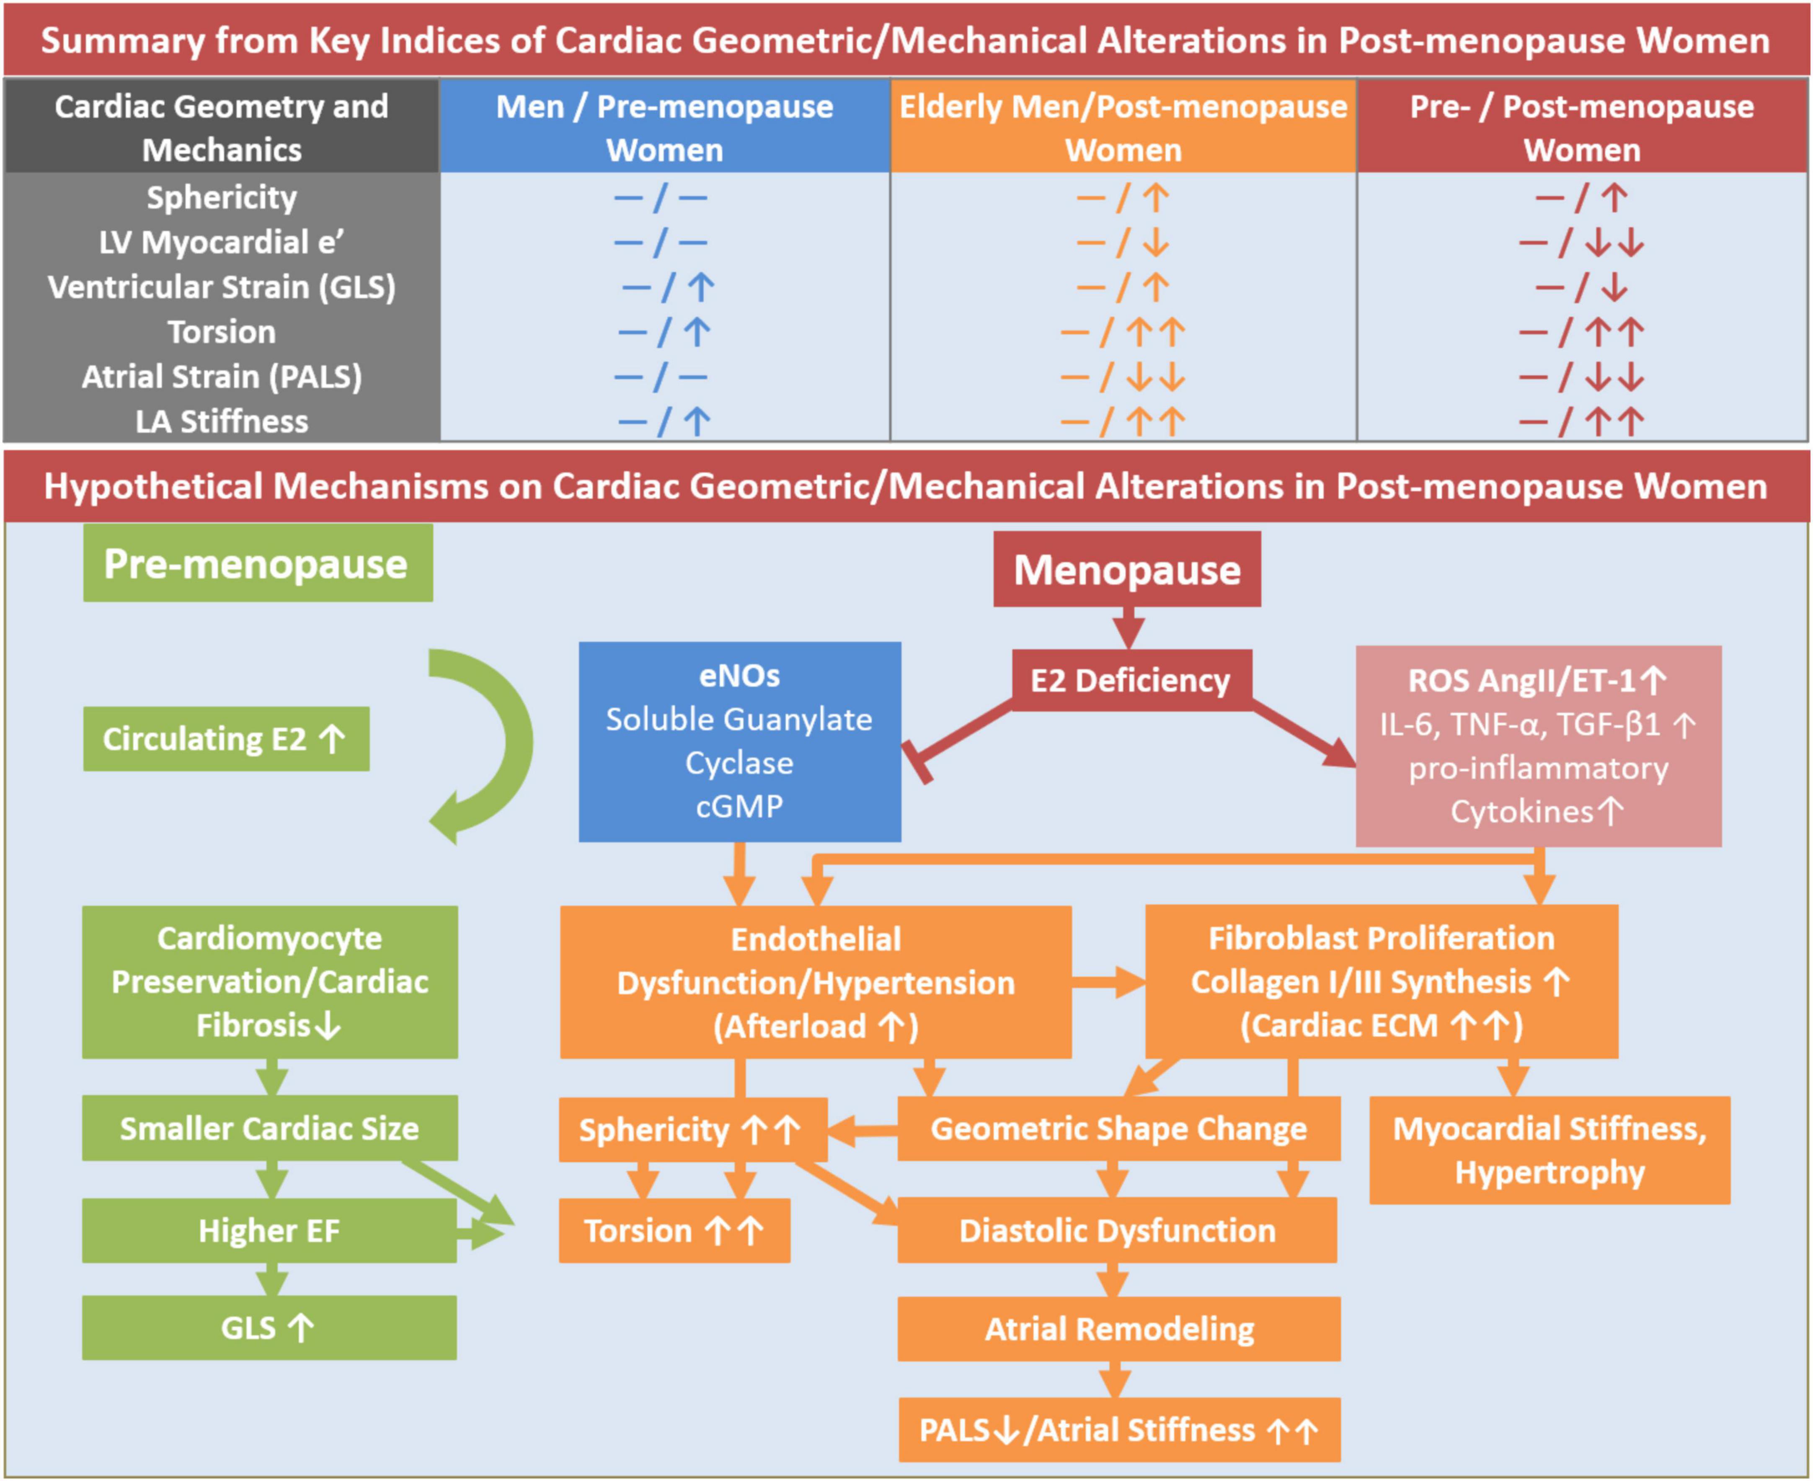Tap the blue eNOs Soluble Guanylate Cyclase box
[x=739, y=740]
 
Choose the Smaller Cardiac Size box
[x=270, y=1128]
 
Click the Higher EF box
[x=270, y=1230]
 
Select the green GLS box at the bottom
[x=270, y=1327]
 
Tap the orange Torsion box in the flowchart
[x=674, y=1230]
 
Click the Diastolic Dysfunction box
[x=1117, y=1230]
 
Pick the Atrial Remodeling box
[x=1118, y=1328]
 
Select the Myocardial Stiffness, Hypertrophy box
[x=1550, y=1150]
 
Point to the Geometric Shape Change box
[x=1118, y=1128]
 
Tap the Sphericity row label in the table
[x=222, y=197]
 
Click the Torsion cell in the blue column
[x=664, y=332]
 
